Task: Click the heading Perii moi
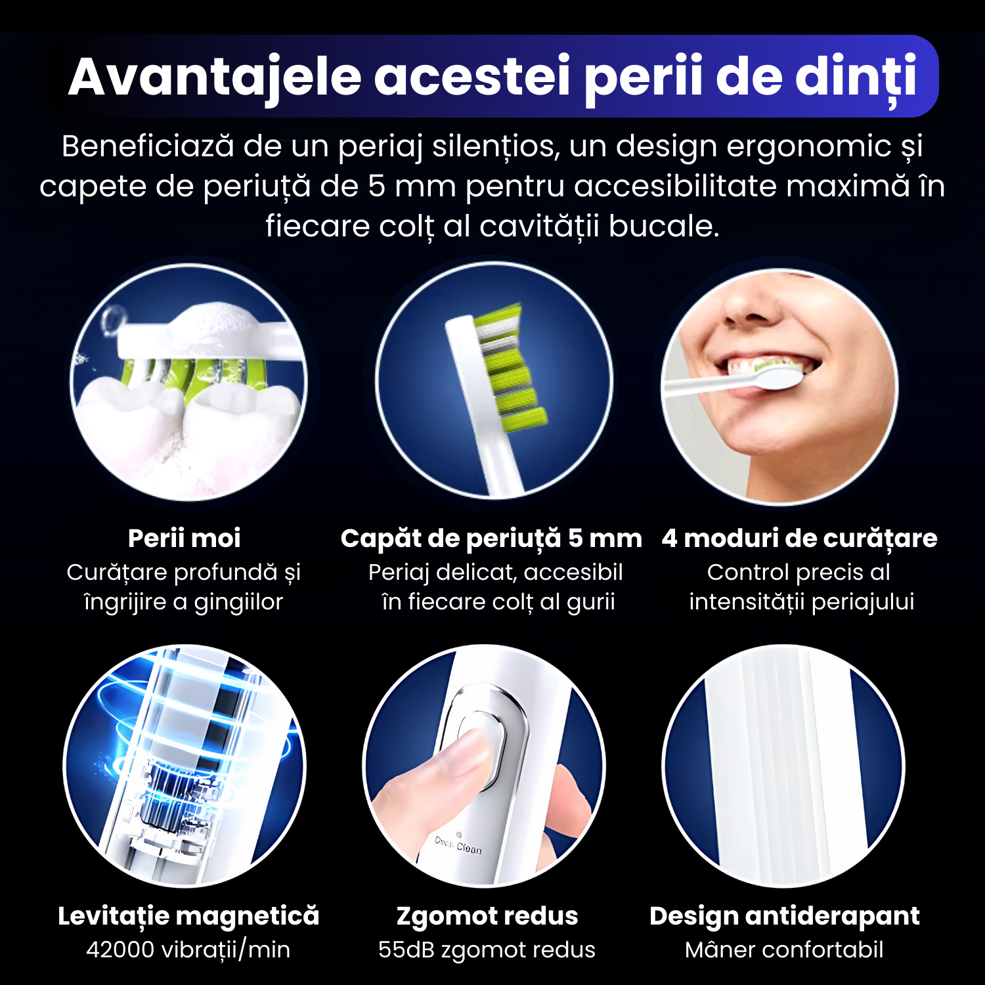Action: point(185,538)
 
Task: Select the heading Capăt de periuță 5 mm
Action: point(491,538)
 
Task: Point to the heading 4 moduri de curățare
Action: point(799,538)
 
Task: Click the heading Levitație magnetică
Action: point(188,916)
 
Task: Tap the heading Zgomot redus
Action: point(487,916)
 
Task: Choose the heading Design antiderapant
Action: point(785,916)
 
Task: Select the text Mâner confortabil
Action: point(784,950)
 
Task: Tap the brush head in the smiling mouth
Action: point(778,378)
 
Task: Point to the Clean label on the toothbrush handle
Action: point(468,848)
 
